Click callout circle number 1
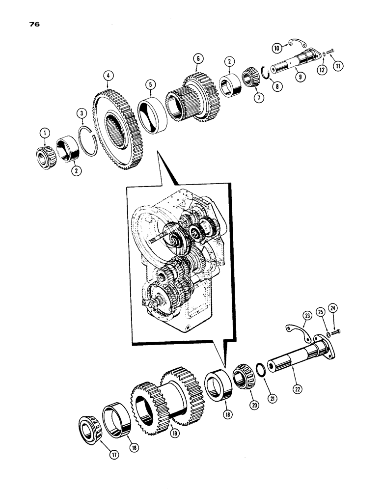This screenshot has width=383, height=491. pos(45,132)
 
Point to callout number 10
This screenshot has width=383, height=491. pos(276,48)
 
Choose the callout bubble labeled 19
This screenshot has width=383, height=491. pos(175,434)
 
